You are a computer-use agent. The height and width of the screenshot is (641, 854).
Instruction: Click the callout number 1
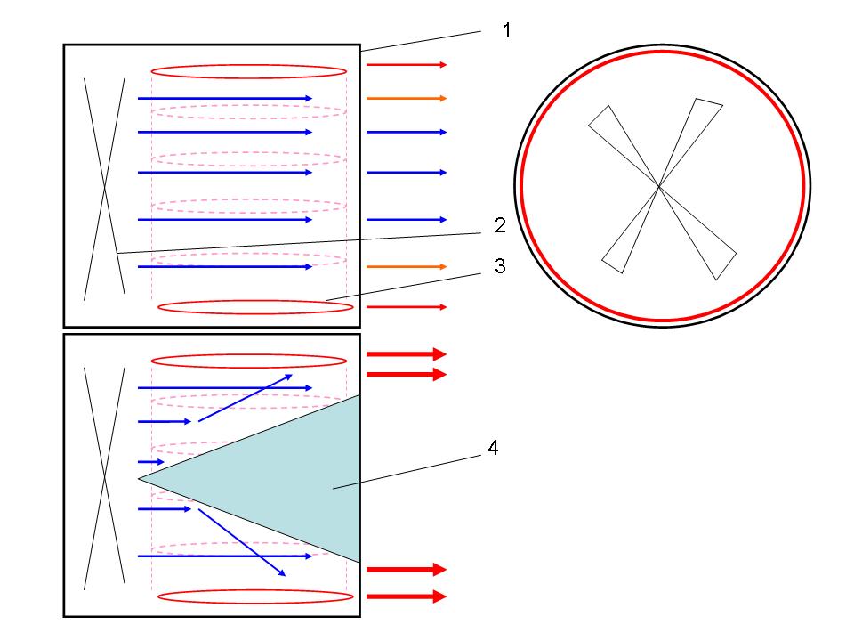coord(506,31)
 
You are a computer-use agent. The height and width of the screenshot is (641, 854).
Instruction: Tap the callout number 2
coord(501,225)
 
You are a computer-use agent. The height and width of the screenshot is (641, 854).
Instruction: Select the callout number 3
coord(501,266)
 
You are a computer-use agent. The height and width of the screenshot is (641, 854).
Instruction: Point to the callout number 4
coord(492,449)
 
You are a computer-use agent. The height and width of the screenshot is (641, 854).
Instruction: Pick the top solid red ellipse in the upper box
coord(248,71)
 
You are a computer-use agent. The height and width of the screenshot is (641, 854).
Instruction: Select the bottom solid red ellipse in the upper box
coord(255,307)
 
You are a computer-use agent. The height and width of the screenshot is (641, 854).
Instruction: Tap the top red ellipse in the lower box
coord(248,361)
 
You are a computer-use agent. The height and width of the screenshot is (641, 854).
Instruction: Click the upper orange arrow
coord(406,98)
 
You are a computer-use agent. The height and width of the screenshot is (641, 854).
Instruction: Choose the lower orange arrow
coord(406,266)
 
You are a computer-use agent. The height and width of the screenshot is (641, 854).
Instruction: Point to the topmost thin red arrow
coord(406,65)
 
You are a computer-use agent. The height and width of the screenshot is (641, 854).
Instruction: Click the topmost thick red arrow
coord(406,353)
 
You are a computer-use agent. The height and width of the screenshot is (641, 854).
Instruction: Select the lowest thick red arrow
coord(406,596)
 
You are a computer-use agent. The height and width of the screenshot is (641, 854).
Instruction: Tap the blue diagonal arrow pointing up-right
coord(246,397)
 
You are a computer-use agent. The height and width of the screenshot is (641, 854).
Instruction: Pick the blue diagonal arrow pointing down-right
coord(241,542)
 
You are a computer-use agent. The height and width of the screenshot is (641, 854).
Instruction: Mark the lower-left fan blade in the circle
coord(626,236)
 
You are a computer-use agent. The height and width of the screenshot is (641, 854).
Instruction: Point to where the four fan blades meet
coord(658,185)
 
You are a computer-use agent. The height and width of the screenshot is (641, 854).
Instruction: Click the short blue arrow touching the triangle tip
coord(148,462)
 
